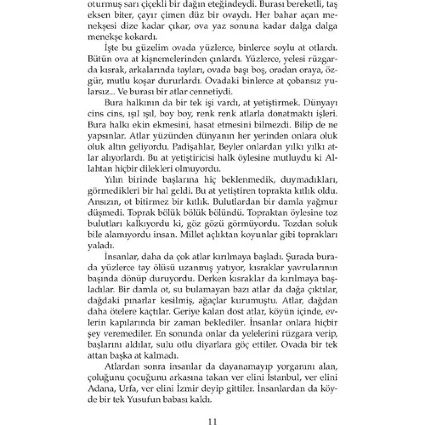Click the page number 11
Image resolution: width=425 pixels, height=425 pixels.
(x=212, y=422)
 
